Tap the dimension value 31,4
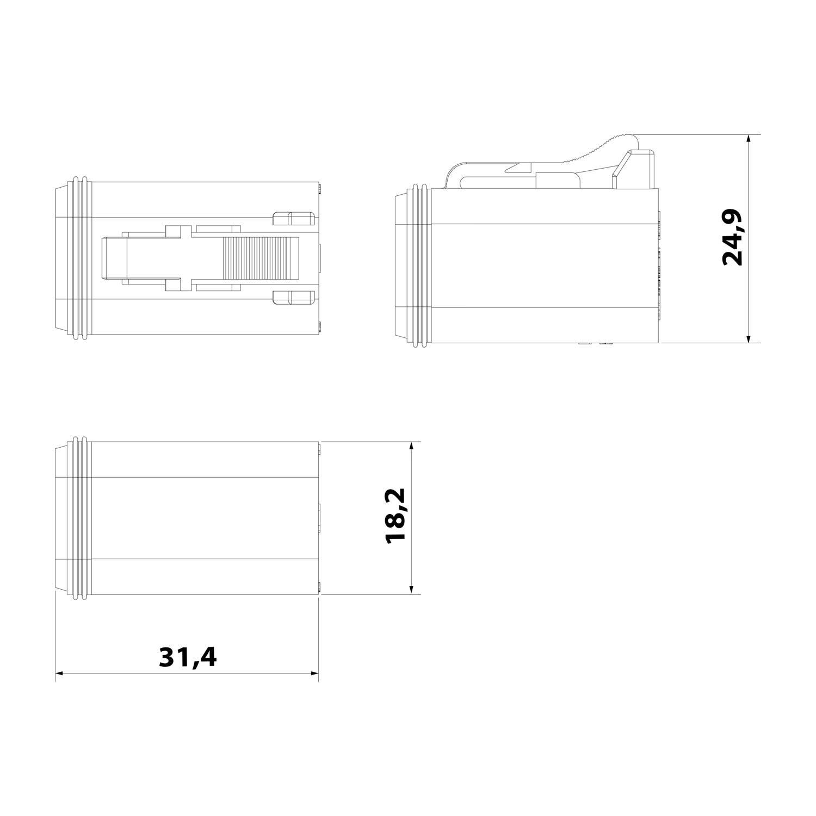(187, 657)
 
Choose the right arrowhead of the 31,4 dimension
(314, 673)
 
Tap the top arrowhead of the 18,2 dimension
(411, 446)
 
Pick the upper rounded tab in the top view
(293, 219)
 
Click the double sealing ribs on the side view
(422, 265)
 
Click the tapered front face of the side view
(400, 265)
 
